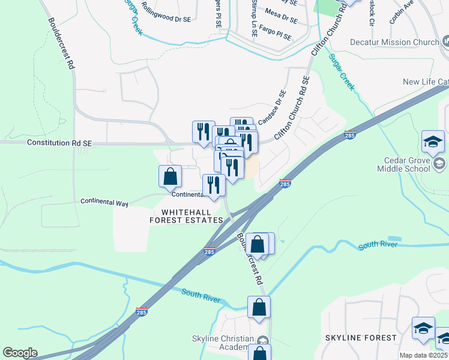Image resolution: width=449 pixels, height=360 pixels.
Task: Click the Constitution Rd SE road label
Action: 59,143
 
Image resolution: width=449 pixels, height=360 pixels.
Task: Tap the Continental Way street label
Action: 104,203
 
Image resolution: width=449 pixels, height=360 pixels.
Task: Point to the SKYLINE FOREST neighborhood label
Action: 361,338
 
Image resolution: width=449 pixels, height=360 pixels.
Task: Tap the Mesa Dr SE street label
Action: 281,16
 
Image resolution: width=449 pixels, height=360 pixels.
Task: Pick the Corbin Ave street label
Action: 401,12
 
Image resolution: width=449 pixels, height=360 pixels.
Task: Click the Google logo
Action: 20,353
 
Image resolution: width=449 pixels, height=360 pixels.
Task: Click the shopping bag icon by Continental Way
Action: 170,176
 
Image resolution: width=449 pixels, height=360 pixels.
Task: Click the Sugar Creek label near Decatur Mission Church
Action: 342,72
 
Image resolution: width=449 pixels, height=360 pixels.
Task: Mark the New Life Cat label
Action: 426,82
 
